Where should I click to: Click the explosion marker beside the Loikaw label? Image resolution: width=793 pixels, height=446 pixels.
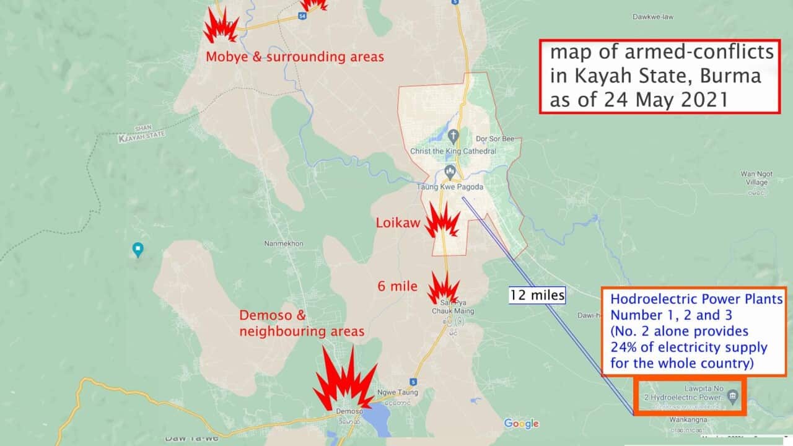point(442,221)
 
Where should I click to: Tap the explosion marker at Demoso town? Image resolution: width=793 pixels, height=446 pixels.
point(344,379)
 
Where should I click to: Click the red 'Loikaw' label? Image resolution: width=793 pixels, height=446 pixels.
point(398,222)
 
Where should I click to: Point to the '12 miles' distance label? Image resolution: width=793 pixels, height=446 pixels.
point(537,295)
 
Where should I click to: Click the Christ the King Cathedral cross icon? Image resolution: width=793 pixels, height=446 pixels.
point(453,136)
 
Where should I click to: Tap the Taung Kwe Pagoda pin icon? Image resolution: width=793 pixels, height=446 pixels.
point(450,172)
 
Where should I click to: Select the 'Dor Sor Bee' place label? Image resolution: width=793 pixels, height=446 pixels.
point(494,139)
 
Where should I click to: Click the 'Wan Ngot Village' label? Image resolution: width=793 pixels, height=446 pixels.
point(754,178)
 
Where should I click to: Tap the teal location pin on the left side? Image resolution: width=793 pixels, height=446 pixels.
point(138,249)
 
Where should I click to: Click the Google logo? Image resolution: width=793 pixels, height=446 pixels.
point(521,424)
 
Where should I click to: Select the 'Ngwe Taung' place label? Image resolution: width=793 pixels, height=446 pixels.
point(397,392)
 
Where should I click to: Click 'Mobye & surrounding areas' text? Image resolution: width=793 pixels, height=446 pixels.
point(295,57)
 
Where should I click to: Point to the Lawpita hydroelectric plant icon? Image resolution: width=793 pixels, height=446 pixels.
point(732,396)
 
